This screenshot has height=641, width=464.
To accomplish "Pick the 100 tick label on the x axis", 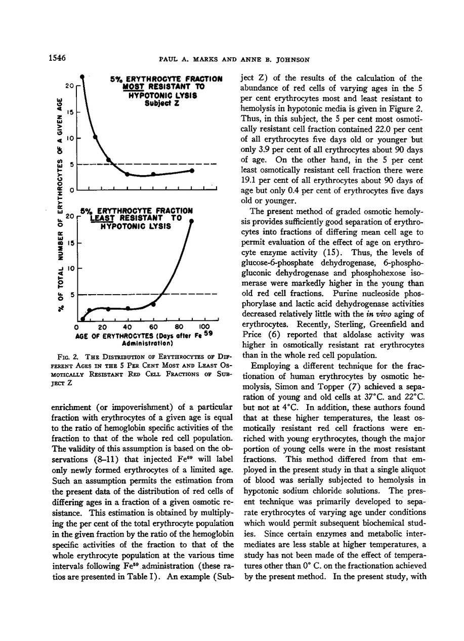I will pyautogui.click(x=204, y=327).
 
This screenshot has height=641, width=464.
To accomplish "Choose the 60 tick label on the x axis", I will pyautogui.click(x=154, y=327).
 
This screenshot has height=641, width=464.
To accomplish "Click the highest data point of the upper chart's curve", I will pyautogui.click(x=82, y=77).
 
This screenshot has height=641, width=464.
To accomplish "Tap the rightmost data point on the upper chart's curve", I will pyautogui.click(x=192, y=171).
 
